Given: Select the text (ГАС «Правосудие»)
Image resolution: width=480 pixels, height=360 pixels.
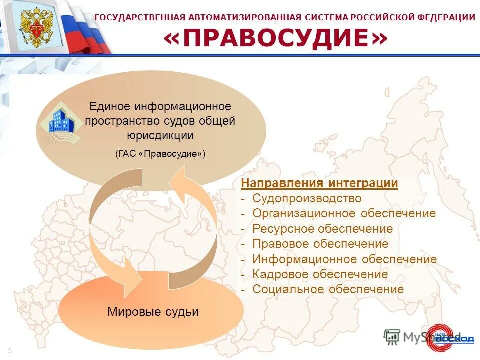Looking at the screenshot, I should (x=160, y=154).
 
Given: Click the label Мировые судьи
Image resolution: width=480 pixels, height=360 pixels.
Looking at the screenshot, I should (x=153, y=312).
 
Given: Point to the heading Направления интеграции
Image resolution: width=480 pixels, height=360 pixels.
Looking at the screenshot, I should (x=319, y=183).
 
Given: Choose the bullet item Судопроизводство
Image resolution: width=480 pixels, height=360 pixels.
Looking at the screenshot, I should (x=306, y=198).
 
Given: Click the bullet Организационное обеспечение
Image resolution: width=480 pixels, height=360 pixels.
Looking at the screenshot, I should (x=344, y=214).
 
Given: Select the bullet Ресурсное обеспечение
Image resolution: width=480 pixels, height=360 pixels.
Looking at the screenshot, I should (x=322, y=229).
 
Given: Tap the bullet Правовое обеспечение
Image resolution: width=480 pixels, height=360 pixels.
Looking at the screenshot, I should (x=320, y=244).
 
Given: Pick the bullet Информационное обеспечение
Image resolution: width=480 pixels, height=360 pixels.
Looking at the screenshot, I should (x=344, y=259).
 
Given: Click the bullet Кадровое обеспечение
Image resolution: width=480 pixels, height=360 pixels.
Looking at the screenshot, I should (x=320, y=274).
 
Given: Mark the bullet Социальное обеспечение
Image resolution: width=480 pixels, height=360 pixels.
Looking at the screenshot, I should (x=328, y=289).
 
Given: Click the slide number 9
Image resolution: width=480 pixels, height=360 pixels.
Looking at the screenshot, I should (x=9, y=351).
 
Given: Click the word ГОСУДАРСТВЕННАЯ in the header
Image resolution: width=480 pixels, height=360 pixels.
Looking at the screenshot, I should (x=140, y=17).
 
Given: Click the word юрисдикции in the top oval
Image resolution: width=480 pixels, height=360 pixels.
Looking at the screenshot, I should (x=160, y=135).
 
